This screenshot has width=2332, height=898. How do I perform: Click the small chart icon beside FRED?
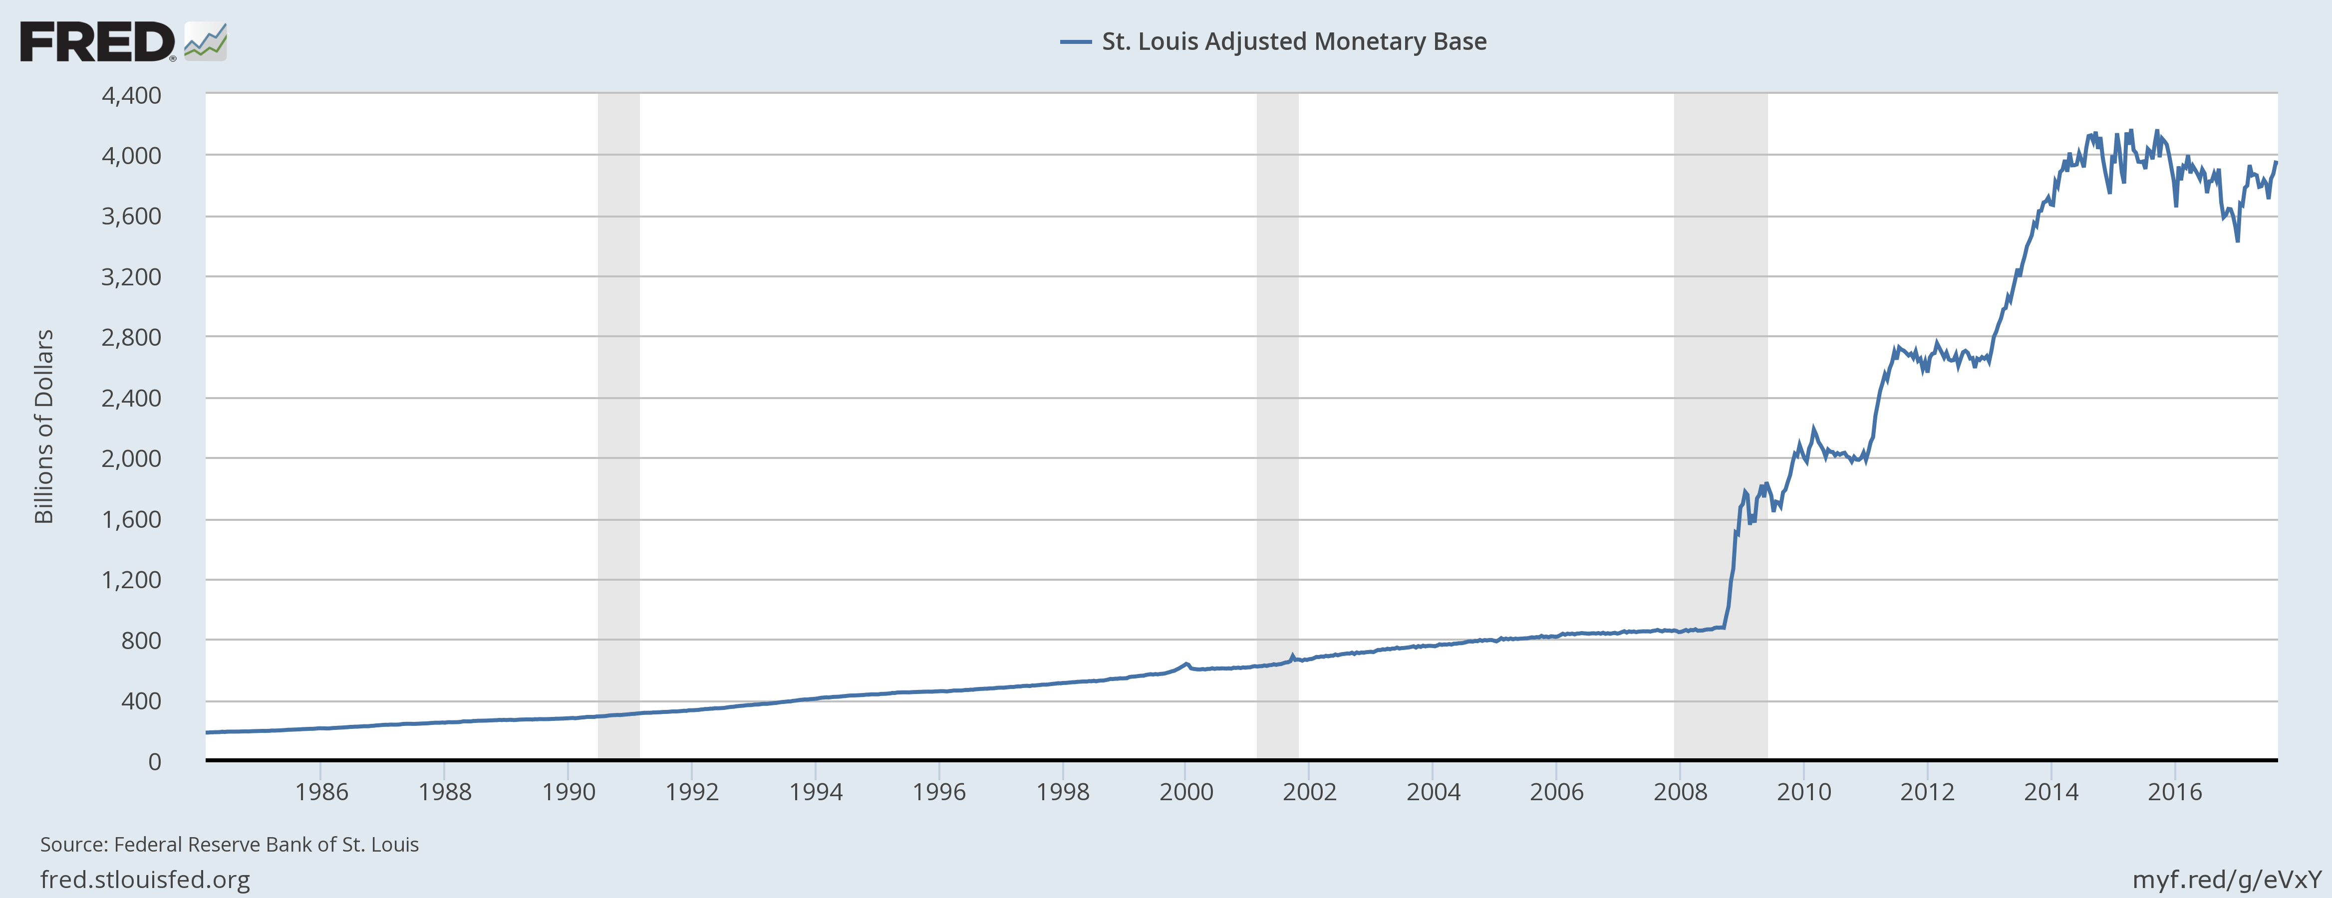coord(206,41)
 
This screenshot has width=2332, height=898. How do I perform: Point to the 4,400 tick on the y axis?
coord(131,95)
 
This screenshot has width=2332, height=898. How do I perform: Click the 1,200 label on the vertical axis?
coord(131,579)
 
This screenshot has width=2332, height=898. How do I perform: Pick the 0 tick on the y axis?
coord(155,761)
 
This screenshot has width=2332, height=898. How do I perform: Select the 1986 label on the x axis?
coord(321,792)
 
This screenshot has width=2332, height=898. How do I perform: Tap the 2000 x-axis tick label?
coord(1186,792)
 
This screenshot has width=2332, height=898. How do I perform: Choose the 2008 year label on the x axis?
coord(1680,792)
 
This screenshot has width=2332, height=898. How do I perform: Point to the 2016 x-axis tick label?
coord(2174,792)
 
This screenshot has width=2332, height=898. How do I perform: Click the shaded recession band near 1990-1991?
coord(618,426)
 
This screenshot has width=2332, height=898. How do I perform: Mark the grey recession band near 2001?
coord(1277,426)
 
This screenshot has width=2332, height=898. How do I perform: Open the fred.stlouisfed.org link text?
coord(145,879)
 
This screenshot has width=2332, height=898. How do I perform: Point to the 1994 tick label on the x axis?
coord(816,792)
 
